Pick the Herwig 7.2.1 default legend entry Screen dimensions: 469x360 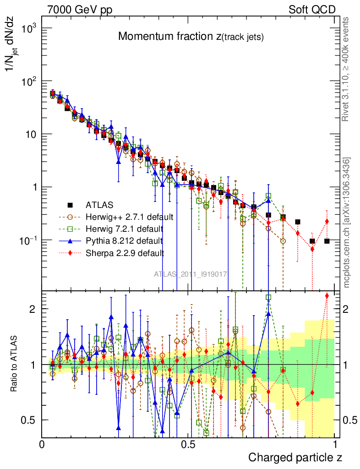click(125, 228)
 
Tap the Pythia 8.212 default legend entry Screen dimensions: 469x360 click(124, 240)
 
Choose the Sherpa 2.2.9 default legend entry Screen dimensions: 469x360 click(125, 252)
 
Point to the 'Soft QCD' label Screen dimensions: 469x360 click(311, 10)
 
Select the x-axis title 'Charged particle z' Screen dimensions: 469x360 click(295, 457)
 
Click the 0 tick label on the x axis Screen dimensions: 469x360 click(42, 445)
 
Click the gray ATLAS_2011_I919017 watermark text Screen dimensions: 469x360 click(191, 274)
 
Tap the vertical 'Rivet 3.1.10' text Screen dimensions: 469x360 click(346, 69)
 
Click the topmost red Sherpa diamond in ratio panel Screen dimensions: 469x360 click(327, 296)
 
